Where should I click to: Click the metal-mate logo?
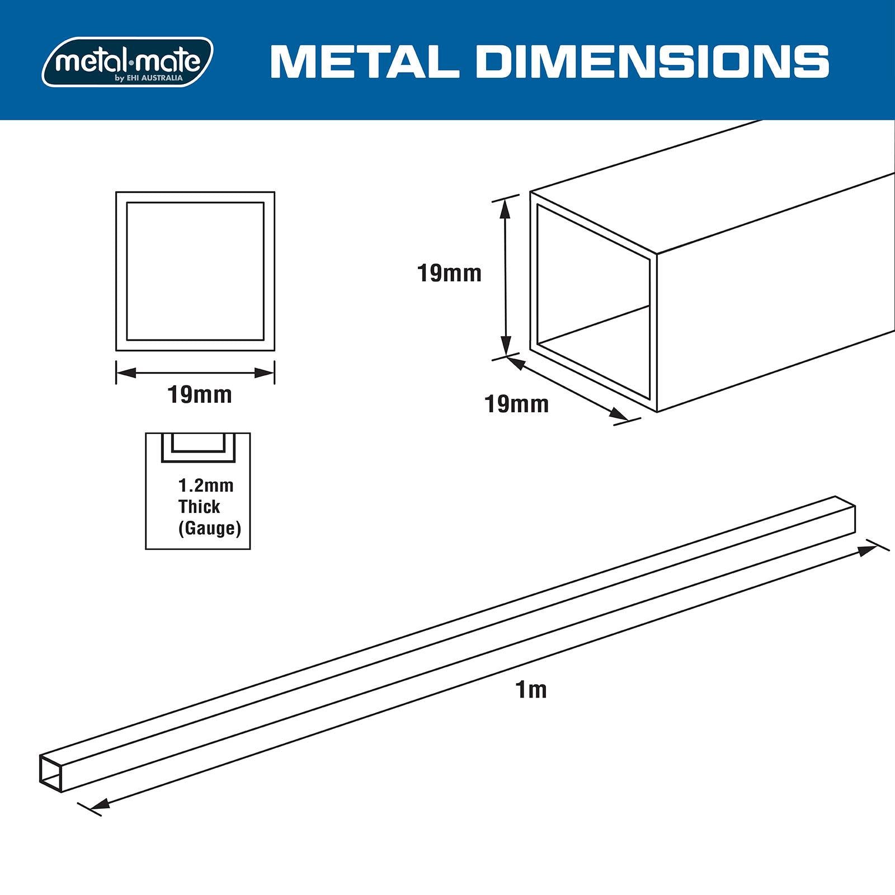(x=128, y=62)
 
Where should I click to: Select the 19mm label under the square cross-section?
(x=200, y=395)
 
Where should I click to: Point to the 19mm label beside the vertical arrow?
(x=449, y=274)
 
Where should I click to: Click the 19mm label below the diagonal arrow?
(x=516, y=404)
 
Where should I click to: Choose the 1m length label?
(x=531, y=690)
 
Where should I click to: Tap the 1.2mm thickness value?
(x=206, y=485)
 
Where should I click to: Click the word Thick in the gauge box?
(x=199, y=507)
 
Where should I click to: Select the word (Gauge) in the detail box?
(x=210, y=529)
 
